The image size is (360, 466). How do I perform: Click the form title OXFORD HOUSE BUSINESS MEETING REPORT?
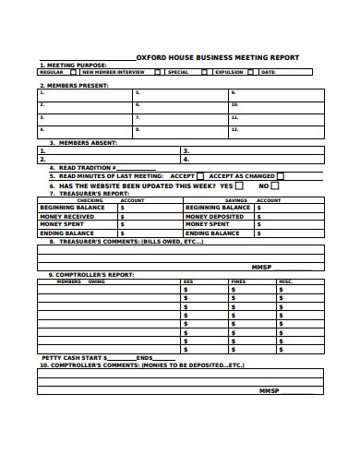pyautogui.click(x=218, y=57)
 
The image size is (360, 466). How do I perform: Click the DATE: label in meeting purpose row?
pyautogui.click(x=268, y=72)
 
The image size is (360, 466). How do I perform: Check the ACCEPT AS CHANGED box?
pyautogui.click(x=281, y=175)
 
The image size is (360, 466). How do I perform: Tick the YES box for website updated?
pyautogui.click(x=239, y=185)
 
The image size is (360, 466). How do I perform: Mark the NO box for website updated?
pyautogui.click(x=275, y=185)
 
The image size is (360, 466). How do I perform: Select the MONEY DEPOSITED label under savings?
pyautogui.click(x=214, y=216)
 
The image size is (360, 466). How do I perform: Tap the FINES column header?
pyautogui.click(x=238, y=281)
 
